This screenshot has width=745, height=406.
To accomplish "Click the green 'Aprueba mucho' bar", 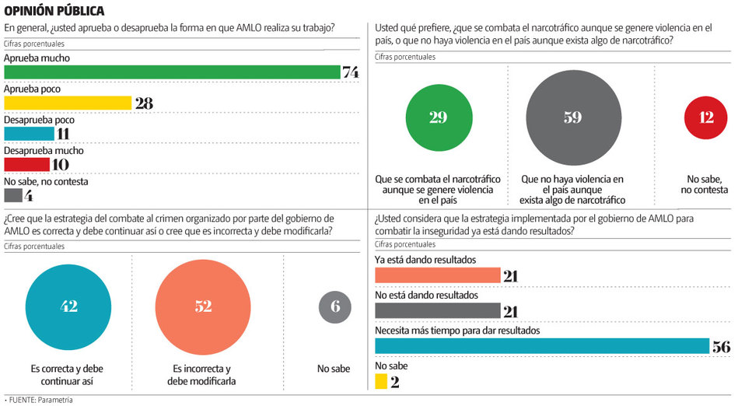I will coord(172,72).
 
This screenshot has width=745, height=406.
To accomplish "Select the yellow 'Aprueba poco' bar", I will coord(68,103).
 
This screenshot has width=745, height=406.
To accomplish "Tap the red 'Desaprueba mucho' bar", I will coord(26,164).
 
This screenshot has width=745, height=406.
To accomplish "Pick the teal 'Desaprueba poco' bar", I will coord(29,133).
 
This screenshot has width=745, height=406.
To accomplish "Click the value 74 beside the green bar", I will coord(351,72).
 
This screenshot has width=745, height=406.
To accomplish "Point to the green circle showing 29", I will coord(438,117).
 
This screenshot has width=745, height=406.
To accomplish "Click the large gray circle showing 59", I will coord(573,117).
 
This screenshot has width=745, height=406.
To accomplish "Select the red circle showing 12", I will coord(705,117).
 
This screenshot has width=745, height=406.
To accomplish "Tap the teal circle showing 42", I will coord(68,306).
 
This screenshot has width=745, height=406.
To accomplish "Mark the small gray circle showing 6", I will coord(334,306).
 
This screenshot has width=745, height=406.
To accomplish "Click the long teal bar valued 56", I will coord(542,346).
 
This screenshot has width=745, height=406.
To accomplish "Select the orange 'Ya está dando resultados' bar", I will coord(438,275).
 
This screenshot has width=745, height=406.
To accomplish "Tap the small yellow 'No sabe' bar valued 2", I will coord(381,381).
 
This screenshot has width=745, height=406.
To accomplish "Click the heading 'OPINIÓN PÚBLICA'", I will coord(54,11).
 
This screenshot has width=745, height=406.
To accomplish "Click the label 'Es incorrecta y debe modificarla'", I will coord(201,374).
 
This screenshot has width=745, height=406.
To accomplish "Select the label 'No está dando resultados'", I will coord(426,296).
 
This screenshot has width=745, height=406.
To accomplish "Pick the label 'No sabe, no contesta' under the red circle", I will coord(705,184).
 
